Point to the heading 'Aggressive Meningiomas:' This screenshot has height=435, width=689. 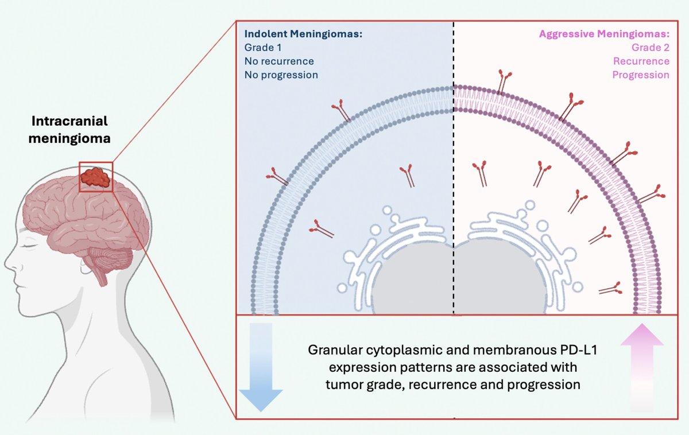[603, 34]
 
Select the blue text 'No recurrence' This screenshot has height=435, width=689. [279, 61]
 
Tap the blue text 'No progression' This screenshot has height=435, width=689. [281, 75]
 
